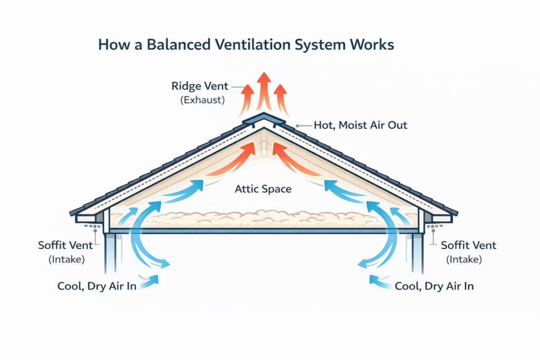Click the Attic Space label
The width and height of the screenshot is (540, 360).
pos(263,188)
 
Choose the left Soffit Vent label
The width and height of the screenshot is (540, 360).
pos(65,246)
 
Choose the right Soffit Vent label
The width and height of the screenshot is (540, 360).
pos(468,246)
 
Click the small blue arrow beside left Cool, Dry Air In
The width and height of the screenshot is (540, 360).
pos(150,280)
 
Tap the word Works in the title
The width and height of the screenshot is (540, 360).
pos(373,45)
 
